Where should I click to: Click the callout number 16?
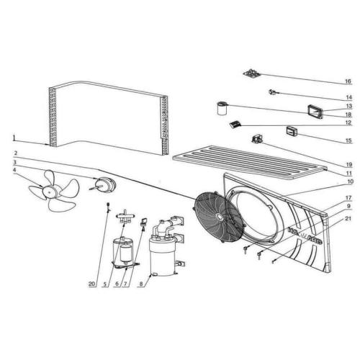(x=347, y=81)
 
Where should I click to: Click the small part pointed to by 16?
(x=251, y=73)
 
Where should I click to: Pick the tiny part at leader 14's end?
(x=272, y=91)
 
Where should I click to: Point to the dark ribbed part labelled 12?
(x=234, y=125)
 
